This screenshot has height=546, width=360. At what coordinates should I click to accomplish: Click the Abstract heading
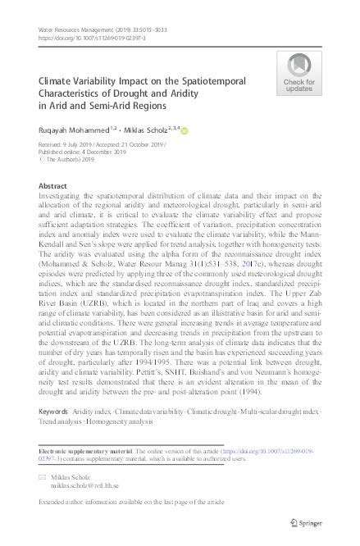click(53, 188)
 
